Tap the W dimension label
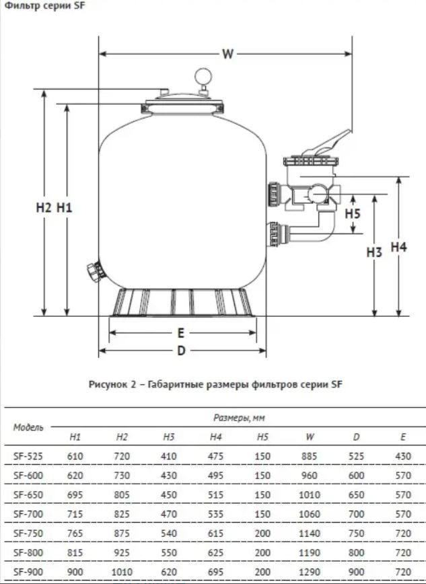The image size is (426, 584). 228,54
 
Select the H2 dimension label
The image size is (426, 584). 44,208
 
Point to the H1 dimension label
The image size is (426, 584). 65,208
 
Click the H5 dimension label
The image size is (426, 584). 353,214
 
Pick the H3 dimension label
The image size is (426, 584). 374,252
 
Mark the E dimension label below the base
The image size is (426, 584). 181,332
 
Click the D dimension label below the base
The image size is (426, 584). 181,350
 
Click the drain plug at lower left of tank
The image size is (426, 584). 93,272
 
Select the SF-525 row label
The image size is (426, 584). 28,456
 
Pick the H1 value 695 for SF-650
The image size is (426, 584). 75,494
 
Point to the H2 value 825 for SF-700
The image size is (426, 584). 122,513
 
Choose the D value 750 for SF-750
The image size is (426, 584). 356,532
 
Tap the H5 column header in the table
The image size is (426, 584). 262,437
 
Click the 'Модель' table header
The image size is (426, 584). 28,427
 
